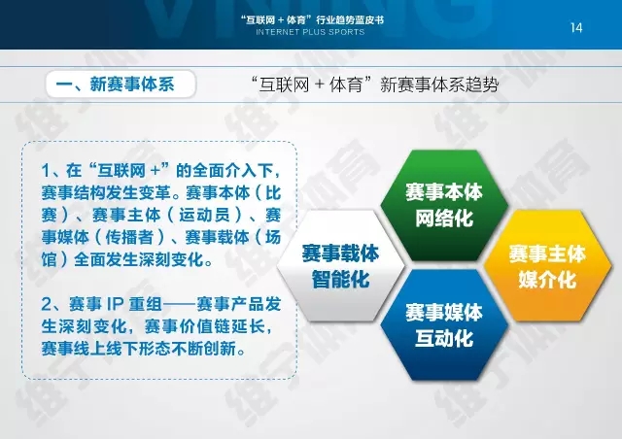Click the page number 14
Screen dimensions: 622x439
[x=576, y=28]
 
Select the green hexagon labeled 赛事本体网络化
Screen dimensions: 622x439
[x=444, y=206]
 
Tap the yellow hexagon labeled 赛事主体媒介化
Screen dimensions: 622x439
[x=547, y=266]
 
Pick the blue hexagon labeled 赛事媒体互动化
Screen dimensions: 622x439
[x=444, y=325]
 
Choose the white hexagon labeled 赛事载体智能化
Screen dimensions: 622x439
[x=341, y=266]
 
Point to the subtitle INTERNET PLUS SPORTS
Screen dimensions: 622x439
[x=310, y=32]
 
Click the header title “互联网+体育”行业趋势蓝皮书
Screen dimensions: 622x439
[x=312, y=19]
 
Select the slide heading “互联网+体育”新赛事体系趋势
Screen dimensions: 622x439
[x=375, y=84]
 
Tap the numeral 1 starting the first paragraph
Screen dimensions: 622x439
[x=46, y=171]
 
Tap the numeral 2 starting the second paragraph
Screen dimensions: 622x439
[x=47, y=305]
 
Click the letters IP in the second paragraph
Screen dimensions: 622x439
[x=115, y=305]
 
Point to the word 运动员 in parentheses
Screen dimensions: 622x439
[x=205, y=216]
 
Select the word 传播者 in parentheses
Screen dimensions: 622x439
[x=129, y=238]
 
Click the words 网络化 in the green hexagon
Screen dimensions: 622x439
[x=444, y=219]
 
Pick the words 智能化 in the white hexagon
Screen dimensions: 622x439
[x=341, y=279]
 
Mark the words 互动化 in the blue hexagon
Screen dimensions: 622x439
[x=444, y=338]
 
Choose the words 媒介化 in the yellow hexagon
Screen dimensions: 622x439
[x=547, y=279]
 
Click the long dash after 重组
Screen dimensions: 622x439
[x=180, y=305]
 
